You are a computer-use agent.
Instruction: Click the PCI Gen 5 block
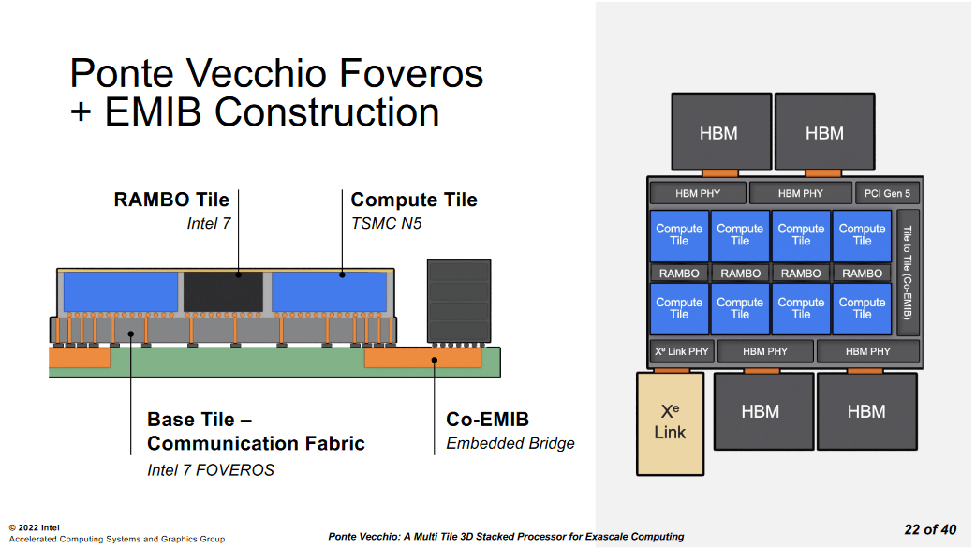point(887,194)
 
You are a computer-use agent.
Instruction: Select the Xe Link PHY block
point(682,351)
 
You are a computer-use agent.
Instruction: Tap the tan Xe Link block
point(670,422)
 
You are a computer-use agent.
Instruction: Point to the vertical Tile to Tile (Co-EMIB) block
point(907,272)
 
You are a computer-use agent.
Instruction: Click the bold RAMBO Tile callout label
point(171,200)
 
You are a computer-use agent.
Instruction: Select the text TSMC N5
point(385,223)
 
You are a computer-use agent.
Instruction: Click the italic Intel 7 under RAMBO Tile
point(208,223)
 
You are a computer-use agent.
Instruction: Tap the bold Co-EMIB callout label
point(488,419)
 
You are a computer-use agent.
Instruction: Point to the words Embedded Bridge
point(510,443)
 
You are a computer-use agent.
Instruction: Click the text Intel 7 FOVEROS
point(211,469)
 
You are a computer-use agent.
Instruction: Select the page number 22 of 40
point(930,529)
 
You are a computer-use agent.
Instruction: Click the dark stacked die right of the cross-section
point(458,300)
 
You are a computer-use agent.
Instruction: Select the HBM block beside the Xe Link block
point(760,411)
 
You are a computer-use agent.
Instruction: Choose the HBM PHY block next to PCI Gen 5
point(800,194)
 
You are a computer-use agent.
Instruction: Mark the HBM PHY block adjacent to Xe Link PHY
point(765,351)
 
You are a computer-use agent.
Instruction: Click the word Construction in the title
point(326,112)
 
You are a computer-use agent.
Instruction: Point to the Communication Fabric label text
point(256,443)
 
